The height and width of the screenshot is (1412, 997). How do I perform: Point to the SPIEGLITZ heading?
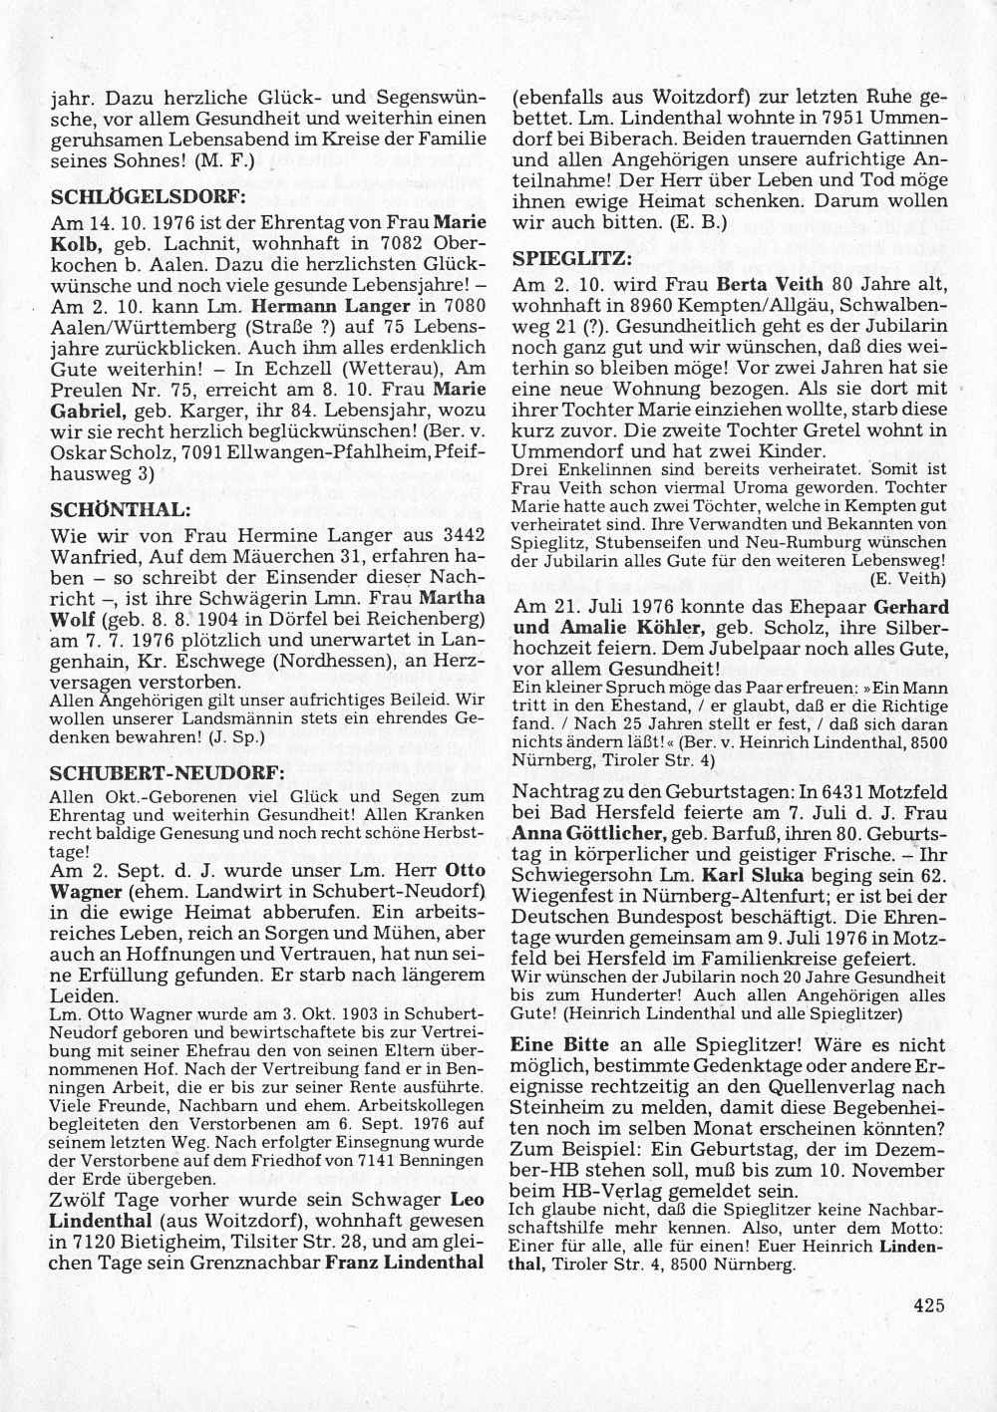(x=571, y=258)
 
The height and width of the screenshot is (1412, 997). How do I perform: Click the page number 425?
(x=926, y=1305)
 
